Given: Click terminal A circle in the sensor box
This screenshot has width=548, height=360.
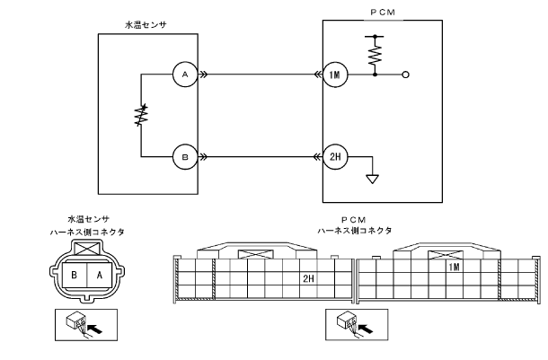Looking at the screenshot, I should (x=184, y=76).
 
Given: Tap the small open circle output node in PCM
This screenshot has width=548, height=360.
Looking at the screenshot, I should (x=406, y=76).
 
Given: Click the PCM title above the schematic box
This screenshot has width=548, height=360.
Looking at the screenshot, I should (x=381, y=13).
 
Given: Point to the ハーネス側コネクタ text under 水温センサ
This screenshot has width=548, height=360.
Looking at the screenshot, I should (x=88, y=232).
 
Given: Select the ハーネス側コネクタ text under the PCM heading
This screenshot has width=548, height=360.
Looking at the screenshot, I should (x=354, y=231).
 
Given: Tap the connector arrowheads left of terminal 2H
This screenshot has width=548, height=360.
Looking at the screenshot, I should (x=311, y=155).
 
